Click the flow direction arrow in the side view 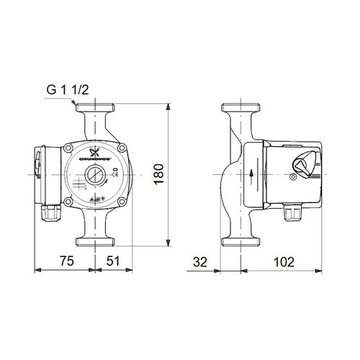click(x=251, y=173)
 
